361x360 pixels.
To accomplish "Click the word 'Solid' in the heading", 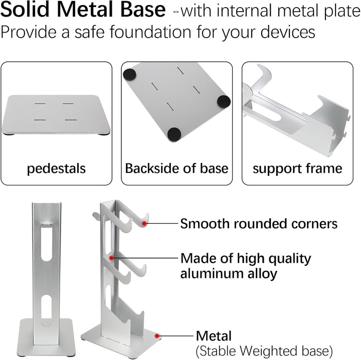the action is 25,9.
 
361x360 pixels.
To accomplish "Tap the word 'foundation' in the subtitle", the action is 150,32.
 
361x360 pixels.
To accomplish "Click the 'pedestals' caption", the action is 56,169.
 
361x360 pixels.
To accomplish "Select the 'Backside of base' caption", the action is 176,168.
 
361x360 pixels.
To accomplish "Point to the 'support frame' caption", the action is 297,169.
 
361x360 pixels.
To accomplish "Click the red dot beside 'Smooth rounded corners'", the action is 144,223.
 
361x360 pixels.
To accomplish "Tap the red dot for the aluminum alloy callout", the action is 111,258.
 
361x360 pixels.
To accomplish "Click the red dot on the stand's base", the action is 157,336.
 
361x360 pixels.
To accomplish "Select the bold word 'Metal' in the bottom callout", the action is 214,336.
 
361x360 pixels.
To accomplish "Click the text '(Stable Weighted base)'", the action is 264,351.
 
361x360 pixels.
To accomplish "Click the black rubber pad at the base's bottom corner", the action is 174,134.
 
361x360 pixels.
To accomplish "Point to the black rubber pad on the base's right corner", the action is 224,101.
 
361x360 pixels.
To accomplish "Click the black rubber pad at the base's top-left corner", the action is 130,75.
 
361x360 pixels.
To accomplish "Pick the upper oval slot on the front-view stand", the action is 47,242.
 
